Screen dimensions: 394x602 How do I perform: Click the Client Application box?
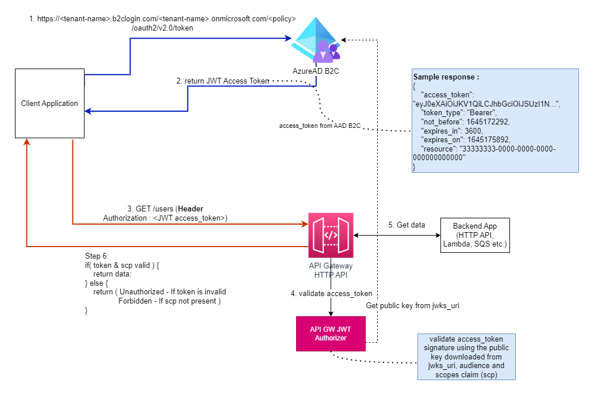pyautogui.click(x=49, y=104)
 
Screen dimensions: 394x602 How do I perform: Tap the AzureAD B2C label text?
pyautogui.click(x=315, y=71)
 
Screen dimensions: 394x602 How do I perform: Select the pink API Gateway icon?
pyautogui.click(x=331, y=235)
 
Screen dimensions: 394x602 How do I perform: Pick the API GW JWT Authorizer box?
pyautogui.click(x=331, y=334)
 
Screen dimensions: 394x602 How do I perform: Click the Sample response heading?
pyautogui.click(x=446, y=77)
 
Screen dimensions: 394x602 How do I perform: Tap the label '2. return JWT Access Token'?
pyautogui.click(x=223, y=81)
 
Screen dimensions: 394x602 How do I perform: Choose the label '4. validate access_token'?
pyautogui.click(x=331, y=294)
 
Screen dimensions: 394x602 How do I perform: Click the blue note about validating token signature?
pyautogui.click(x=466, y=357)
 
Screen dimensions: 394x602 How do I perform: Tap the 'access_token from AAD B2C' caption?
pyautogui.click(x=320, y=126)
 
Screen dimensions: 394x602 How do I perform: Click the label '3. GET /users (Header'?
pyautogui.click(x=165, y=209)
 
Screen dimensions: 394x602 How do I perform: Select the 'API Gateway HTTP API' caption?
pyautogui.click(x=331, y=270)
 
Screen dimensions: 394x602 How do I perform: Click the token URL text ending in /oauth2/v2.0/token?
pyautogui.click(x=162, y=23)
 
